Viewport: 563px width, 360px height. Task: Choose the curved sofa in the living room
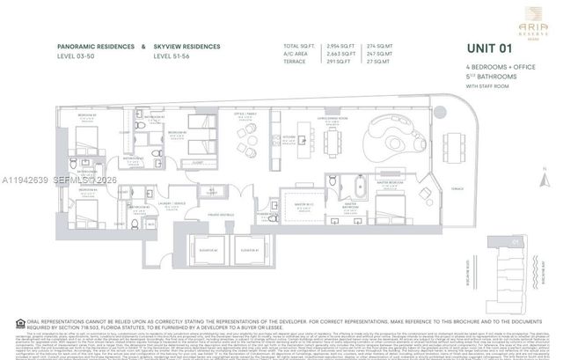point(395,136)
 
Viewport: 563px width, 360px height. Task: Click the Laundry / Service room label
point(179,205)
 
